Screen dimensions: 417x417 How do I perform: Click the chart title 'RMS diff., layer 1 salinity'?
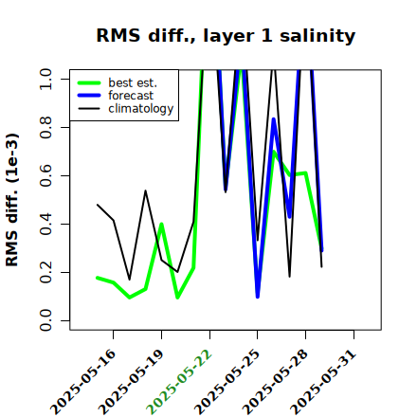pos(226,35)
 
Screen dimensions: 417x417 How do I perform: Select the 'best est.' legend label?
pos(133,82)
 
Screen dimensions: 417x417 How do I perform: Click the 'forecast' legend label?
pos(131,96)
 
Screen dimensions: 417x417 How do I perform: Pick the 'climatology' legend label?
pos(141,109)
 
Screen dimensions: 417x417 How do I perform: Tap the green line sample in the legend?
pos(89,82)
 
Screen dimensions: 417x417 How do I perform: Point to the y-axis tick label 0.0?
pos(45,320)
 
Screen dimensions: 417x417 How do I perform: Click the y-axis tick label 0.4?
pos(45,224)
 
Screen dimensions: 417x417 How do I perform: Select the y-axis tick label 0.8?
pos(45,127)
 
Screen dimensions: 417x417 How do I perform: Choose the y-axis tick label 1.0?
pos(45,79)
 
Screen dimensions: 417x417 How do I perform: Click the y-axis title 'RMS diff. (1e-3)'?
pos(12,200)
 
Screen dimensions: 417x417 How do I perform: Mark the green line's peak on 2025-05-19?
pos(161,224)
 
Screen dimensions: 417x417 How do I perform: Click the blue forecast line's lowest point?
pos(258,297)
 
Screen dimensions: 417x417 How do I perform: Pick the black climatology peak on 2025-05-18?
pos(145,190)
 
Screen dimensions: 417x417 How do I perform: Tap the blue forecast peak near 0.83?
pos(274,119)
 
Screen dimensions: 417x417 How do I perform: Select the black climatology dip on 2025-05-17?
pos(129,280)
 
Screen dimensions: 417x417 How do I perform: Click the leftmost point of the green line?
pos(98,278)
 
